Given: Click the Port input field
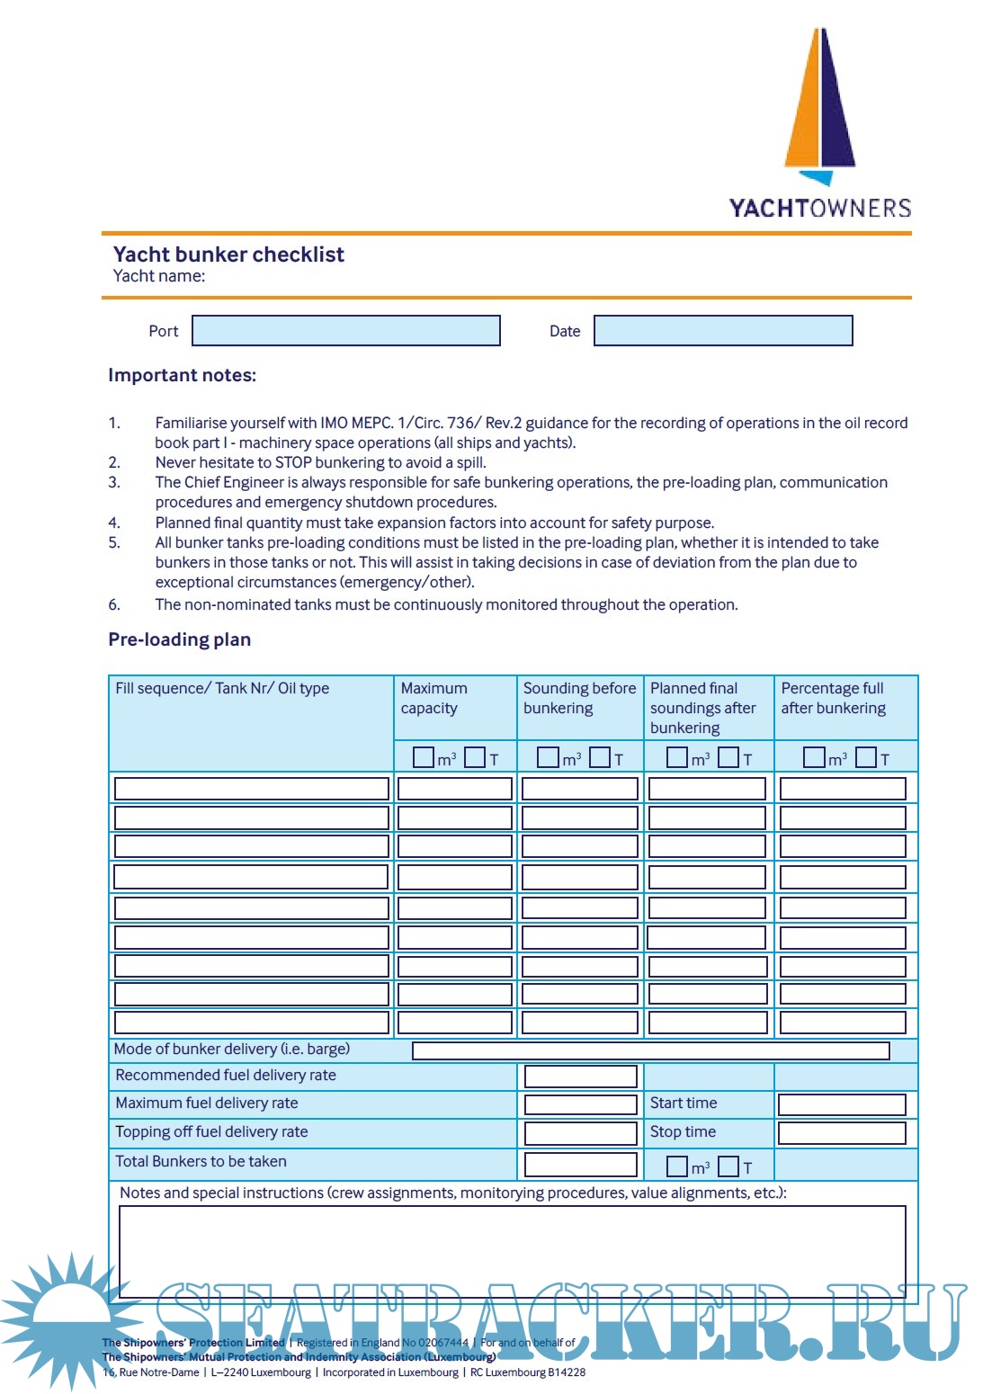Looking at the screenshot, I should coord(346,331).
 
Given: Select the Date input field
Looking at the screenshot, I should coord(723,331).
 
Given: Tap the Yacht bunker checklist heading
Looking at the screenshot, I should coord(228,255).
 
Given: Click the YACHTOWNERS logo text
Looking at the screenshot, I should coord(819,209).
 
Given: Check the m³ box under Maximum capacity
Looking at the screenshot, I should coord(423,757).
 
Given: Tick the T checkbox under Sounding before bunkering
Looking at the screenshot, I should coord(600,757).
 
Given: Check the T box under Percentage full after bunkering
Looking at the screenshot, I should coord(866,757).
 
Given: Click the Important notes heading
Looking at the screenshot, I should coord(182,375).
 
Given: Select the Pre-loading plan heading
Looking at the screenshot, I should coord(179,639).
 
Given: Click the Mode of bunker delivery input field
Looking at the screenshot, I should coord(650,1050).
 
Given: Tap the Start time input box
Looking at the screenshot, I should coord(841,1104).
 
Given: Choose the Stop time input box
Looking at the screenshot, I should coord(841,1133).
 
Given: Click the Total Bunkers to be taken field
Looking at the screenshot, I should coord(580,1164).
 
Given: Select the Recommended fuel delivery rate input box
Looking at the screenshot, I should coord(580,1077).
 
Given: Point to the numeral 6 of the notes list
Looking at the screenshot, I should coord(113,604).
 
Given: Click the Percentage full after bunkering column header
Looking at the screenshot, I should coord(833,698).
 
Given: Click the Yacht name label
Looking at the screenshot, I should coord(159,276).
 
